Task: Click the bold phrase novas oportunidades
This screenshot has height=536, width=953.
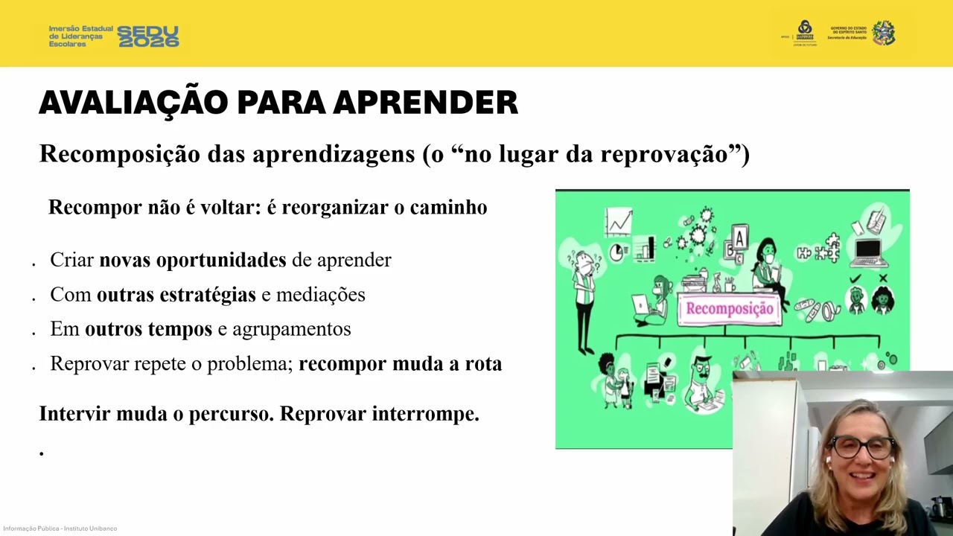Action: point(193,260)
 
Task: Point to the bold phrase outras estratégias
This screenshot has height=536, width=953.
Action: point(176,295)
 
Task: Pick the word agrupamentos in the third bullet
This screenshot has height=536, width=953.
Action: point(291,329)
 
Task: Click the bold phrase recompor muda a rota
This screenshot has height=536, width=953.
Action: point(400,364)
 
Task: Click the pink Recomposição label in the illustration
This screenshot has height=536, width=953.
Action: point(729,309)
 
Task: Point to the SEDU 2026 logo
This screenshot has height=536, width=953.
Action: point(148,36)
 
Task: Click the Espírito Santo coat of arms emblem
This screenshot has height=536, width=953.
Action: point(884,33)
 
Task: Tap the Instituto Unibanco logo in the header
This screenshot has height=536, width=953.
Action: point(805,33)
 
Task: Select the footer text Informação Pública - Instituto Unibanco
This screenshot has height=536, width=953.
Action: point(60,529)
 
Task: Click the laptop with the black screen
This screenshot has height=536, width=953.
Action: point(868,252)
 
